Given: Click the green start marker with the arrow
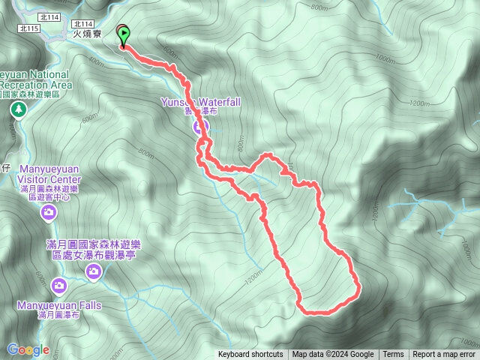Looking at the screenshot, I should [123, 35].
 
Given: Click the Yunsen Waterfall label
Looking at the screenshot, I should [199, 101].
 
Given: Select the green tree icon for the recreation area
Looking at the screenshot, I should [18, 110].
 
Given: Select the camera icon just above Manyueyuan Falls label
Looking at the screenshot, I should [59, 285].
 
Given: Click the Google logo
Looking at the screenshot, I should [28, 349].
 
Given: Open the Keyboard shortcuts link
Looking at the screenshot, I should [250, 355].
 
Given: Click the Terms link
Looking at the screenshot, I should [393, 355].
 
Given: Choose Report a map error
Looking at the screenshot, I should [445, 355].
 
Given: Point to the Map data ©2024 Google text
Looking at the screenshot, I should [333, 355].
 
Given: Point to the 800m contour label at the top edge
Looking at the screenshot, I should [318, 8].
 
